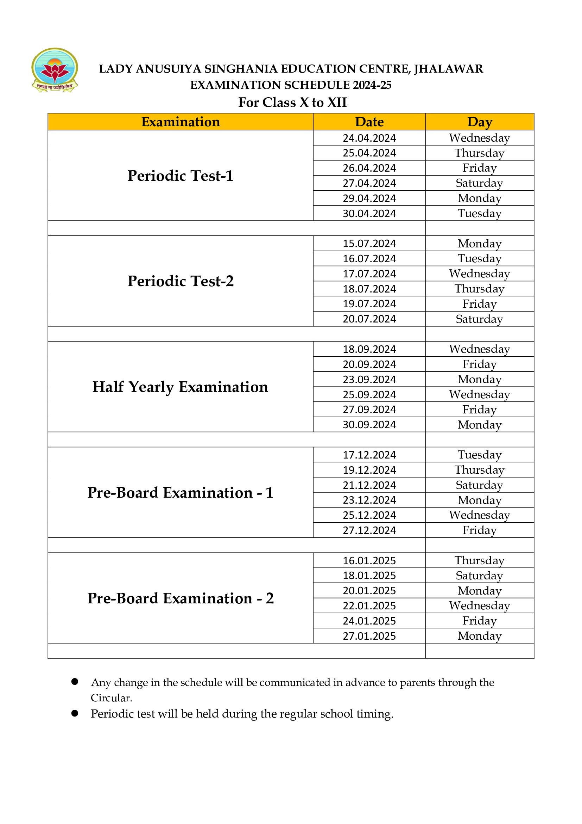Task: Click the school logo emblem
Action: pyautogui.click(x=55, y=70)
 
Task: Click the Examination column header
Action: pyautogui.click(x=180, y=122)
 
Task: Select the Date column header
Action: pyautogui.click(x=369, y=122)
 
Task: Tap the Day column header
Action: pyautogui.click(x=480, y=122)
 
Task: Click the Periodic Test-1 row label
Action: pyautogui.click(x=180, y=176)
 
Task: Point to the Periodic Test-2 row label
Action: pyautogui.click(x=180, y=281)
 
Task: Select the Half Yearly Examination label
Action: pyautogui.click(x=180, y=387)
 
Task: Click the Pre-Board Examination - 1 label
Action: pyautogui.click(x=180, y=492)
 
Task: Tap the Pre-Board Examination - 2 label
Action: pyautogui.click(x=180, y=598)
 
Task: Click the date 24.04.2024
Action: pyautogui.click(x=369, y=138)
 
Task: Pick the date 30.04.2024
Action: pyautogui.click(x=369, y=214)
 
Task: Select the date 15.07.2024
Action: pyautogui.click(x=369, y=244)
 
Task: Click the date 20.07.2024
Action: pyautogui.click(x=369, y=319)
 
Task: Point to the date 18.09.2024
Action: pyautogui.click(x=369, y=349)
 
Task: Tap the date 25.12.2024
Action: pyautogui.click(x=369, y=515)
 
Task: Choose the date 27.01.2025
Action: pyautogui.click(x=369, y=636)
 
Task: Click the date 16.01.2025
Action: pyautogui.click(x=369, y=561)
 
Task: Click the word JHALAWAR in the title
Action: pyautogui.click(x=448, y=69)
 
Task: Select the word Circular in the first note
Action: pyautogui.click(x=111, y=698)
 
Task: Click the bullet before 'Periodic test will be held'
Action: pyautogui.click(x=75, y=713)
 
